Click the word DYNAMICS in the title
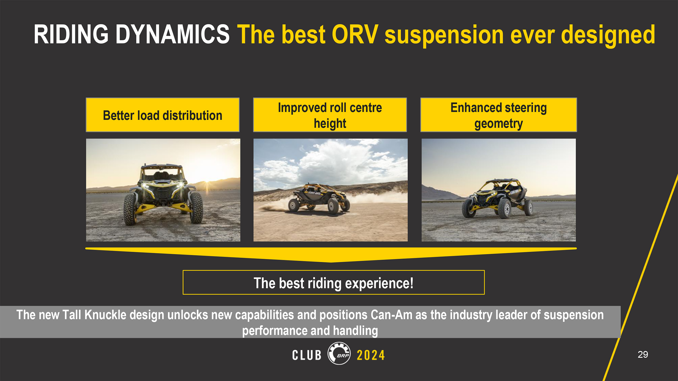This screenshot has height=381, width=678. pyautogui.click(x=173, y=34)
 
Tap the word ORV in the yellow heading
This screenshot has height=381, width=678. pyautogui.click(x=355, y=34)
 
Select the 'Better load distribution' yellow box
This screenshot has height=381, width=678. pyautogui.click(x=163, y=115)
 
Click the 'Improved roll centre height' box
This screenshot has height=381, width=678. pyautogui.click(x=330, y=115)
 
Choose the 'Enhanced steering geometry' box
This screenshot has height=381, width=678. pyautogui.click(x=499, y=115)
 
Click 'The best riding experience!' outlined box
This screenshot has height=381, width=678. pyautogui.click(x=334, y=283)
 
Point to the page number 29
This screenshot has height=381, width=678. pyautogui.click(x=643, y=354)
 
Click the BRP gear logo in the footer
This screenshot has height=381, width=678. pyautogui.click(x=339, y=353)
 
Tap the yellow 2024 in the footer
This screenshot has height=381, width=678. pyautogui.click(x=371, y=355)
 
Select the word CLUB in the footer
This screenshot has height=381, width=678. pyautogui.click(x=307, y=355)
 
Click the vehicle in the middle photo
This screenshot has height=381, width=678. pyautogui.click(x=319, y=199)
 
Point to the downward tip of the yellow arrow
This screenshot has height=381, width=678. pyautogui.click(x=331, y=262)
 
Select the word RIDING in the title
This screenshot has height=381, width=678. pyautogui.click(x=71, y=34)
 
